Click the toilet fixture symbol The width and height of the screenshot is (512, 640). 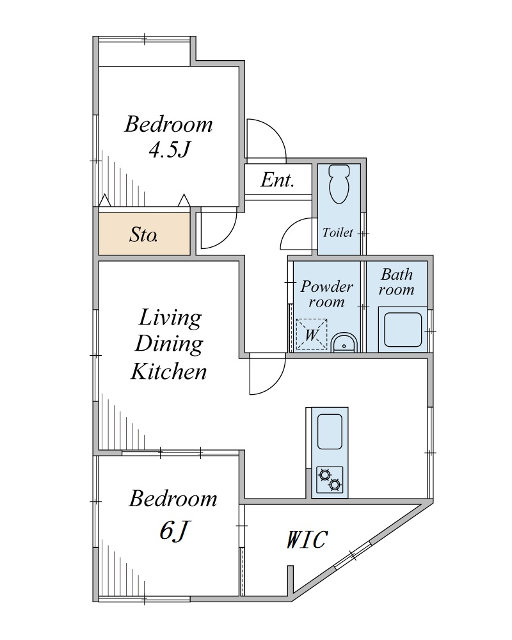coord(339,184)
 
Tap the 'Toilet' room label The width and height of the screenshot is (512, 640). coord(338,232)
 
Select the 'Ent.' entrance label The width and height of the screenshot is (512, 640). coord(278,180)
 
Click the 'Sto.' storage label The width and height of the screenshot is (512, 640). coord(144,235)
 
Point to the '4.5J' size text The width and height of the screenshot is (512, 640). coord(170,149)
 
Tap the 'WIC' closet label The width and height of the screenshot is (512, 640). coord(306,539)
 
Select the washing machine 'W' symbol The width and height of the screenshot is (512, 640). coord(312,334)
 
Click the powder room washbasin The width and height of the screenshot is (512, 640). coord(344,342)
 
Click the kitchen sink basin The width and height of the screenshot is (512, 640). coord(330,432)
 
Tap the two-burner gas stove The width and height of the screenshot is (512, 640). coord(330,479)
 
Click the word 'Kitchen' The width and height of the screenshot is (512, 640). coord(168,371)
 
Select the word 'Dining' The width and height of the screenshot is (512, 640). coord(168,344)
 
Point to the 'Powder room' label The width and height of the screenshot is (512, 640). coord(326,294)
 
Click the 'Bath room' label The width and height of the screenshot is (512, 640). coord(396,282)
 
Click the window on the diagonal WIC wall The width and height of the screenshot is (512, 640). coord(353,555)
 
